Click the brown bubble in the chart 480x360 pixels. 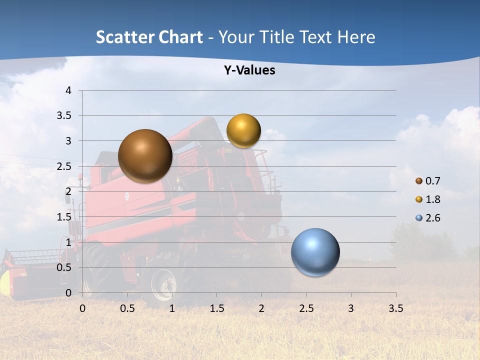(x=145, y=156)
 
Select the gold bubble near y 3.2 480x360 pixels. (x=243, y=131)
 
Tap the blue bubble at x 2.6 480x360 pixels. (x=315, y=252)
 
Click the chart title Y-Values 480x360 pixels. (x=249, y=70)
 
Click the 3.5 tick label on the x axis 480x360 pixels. (x=395, y=308)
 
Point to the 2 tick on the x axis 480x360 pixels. (x=261, y=308)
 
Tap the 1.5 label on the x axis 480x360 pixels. (x=216, y=308)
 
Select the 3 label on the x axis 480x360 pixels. (x=351, y=308)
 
